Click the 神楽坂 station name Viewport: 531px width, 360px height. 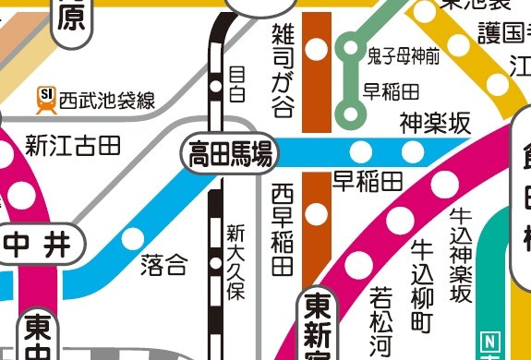coord(435,123)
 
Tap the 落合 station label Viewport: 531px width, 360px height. coord(163,267)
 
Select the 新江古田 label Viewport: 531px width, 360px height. coord(73,145)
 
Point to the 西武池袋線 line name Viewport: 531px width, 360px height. coord(106,99)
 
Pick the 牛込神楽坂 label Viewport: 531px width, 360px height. coord(460,253)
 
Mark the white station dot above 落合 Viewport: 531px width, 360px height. coord(134,238)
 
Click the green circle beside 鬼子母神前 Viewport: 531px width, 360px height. coord(350,45)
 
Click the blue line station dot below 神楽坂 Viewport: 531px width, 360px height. coord(412,151)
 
